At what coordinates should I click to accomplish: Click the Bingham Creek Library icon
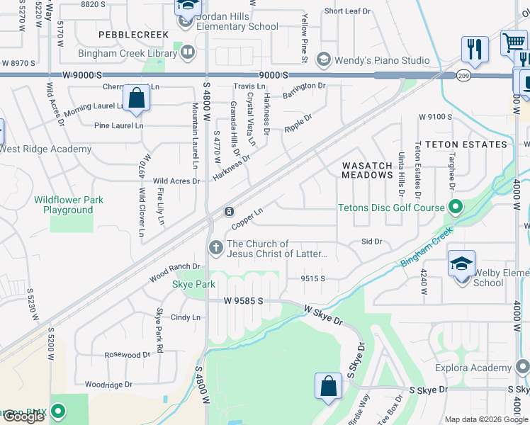188,52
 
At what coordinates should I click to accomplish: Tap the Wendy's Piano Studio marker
324,59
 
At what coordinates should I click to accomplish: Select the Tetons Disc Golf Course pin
456,208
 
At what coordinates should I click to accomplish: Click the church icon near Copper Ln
215,248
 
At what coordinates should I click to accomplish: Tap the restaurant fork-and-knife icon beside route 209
473,50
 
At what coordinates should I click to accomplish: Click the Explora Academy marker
522,367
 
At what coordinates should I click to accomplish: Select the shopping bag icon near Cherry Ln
136,98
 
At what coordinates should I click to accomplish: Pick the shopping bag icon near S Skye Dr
328,387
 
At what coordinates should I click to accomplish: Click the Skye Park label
193,284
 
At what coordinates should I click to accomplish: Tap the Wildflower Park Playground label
68,205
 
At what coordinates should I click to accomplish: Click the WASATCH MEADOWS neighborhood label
367,170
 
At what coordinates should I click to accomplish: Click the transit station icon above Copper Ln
230,212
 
